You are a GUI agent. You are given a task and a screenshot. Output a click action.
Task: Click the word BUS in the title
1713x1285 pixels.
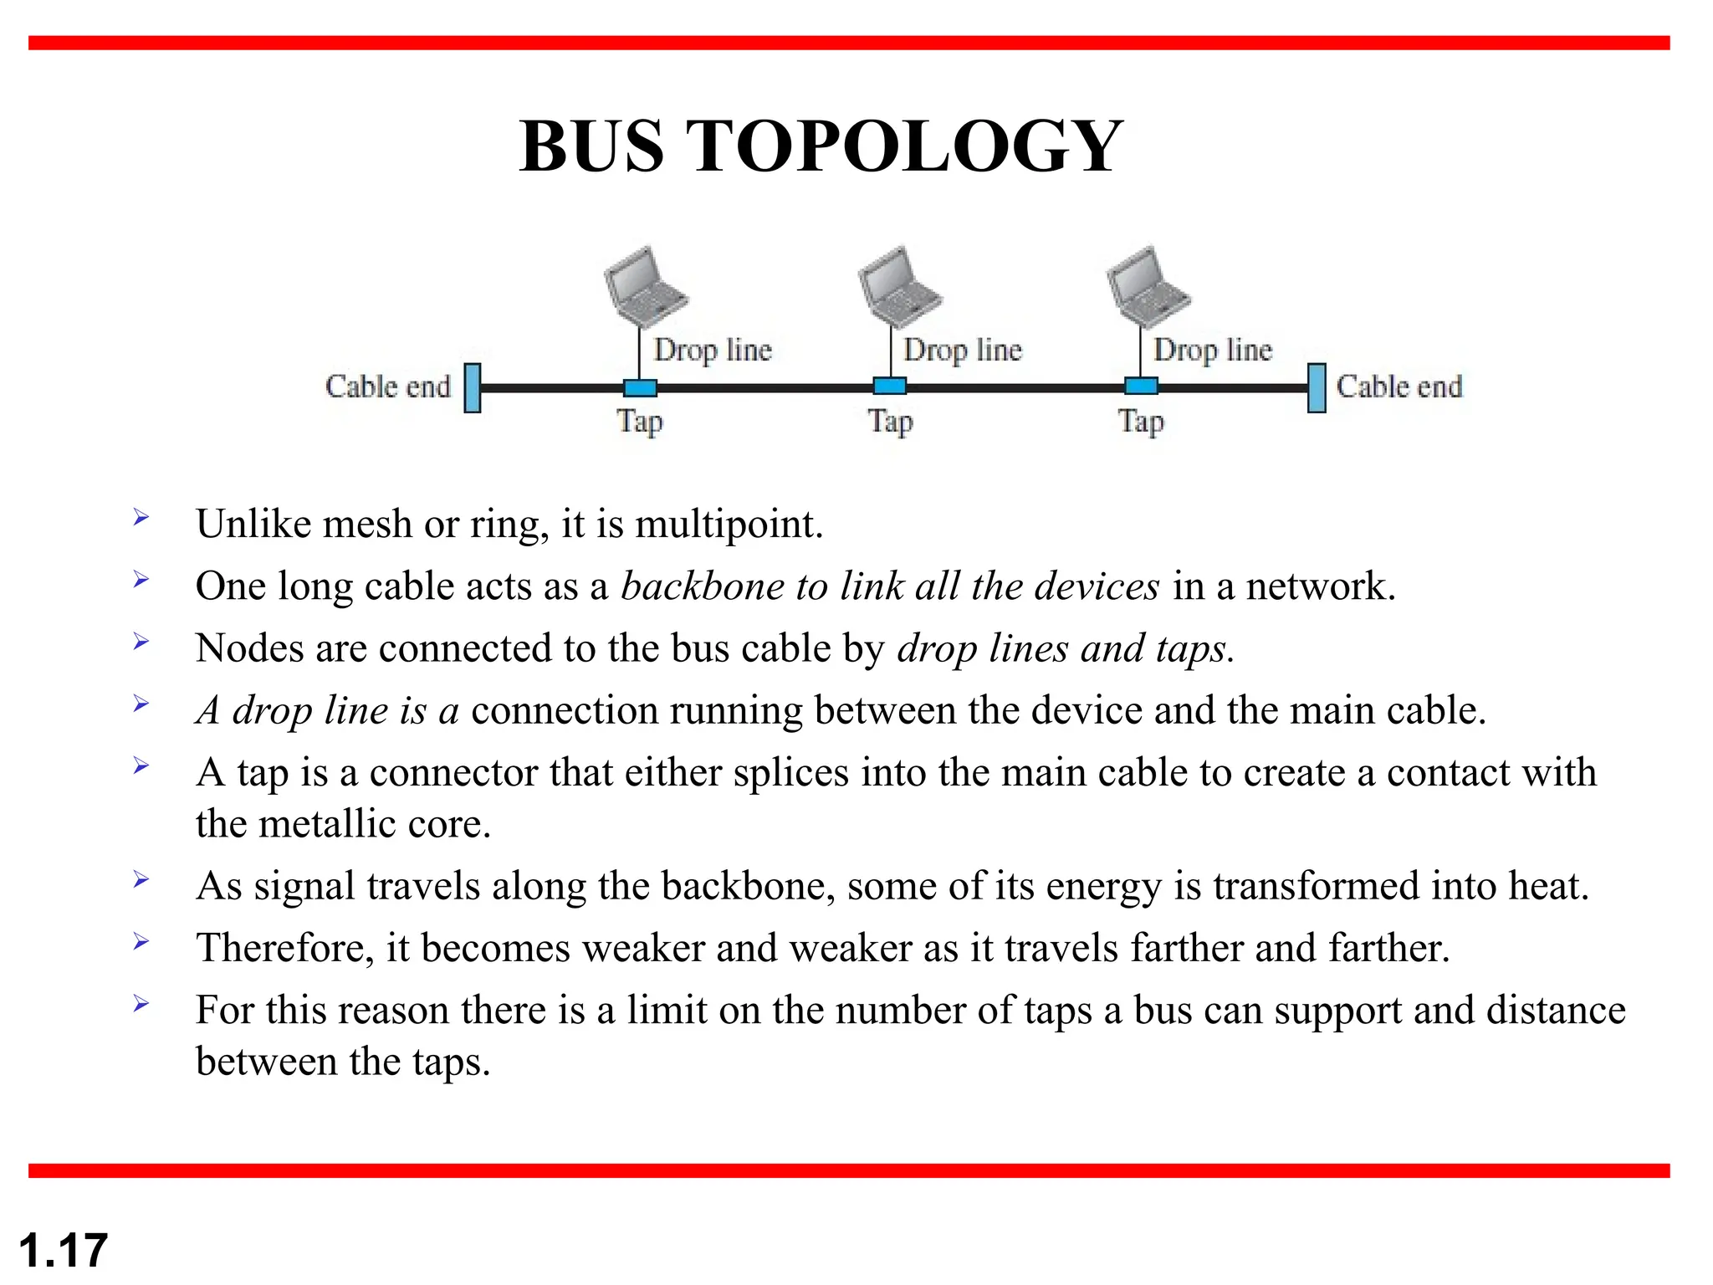pyautogui.click(x=591, y=146)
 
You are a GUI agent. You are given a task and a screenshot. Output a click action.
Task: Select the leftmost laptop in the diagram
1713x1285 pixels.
pyautogui.click(x=645, y=286)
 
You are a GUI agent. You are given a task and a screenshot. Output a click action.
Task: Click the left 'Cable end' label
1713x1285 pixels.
pyautogui.click(x=388, y=387)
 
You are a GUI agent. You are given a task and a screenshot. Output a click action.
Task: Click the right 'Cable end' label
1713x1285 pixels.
pyautogui.click(x=1399, y=387)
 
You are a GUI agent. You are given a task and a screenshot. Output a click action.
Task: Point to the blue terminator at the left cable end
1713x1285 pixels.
pyautogui.click(x=473, y=387)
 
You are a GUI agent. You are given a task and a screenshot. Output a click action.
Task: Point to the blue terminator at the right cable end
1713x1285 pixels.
pyautogui.click(x=1317, y=387)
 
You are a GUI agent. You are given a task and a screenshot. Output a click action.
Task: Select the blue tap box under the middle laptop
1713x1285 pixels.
pyautogui.click(x=890, y=387)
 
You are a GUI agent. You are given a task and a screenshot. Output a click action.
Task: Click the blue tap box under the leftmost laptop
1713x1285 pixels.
pyautogui.click(x=640, y=387)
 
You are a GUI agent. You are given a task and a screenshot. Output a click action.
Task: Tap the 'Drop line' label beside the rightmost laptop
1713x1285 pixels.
pyautogui.click(x=1212, y=350)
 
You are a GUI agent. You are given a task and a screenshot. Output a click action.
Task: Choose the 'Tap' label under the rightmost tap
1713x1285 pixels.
pyautogui.click(x=1141, y=422)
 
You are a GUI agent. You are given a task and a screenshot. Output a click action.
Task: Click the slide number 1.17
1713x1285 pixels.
pyautogui.click(x=64, y=1251)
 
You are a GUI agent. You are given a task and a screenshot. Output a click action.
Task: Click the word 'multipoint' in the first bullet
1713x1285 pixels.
pyautogui.click(x=728, y=525)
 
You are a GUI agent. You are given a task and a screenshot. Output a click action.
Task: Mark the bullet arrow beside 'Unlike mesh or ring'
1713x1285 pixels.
pyautogui.click(x=141, y=518)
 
